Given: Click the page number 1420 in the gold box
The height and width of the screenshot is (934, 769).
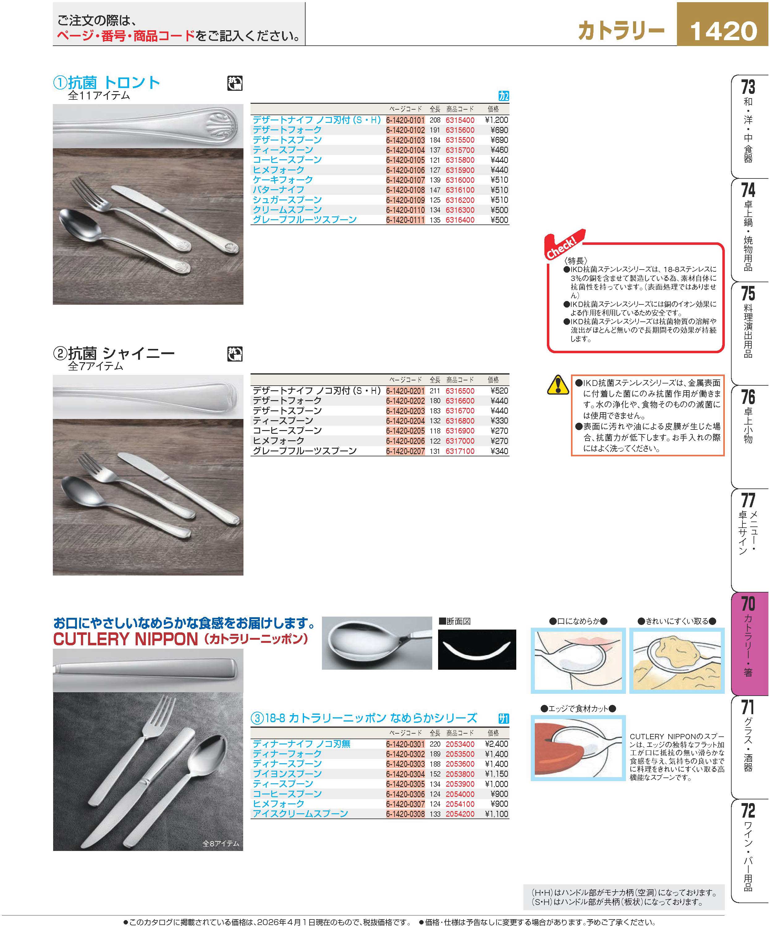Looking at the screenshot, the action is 723,31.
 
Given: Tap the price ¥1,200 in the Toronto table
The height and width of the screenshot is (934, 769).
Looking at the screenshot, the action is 496,120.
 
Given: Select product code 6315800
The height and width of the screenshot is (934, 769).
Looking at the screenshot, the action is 460,160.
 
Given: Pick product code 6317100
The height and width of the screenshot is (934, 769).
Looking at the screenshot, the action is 460,451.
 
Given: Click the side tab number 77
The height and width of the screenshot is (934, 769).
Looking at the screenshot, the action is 748,500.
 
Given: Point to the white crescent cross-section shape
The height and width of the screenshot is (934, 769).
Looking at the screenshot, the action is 477,651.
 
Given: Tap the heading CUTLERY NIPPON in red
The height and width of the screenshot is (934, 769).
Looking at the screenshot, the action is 125,639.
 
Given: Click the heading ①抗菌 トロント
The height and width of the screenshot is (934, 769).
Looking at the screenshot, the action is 106,82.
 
